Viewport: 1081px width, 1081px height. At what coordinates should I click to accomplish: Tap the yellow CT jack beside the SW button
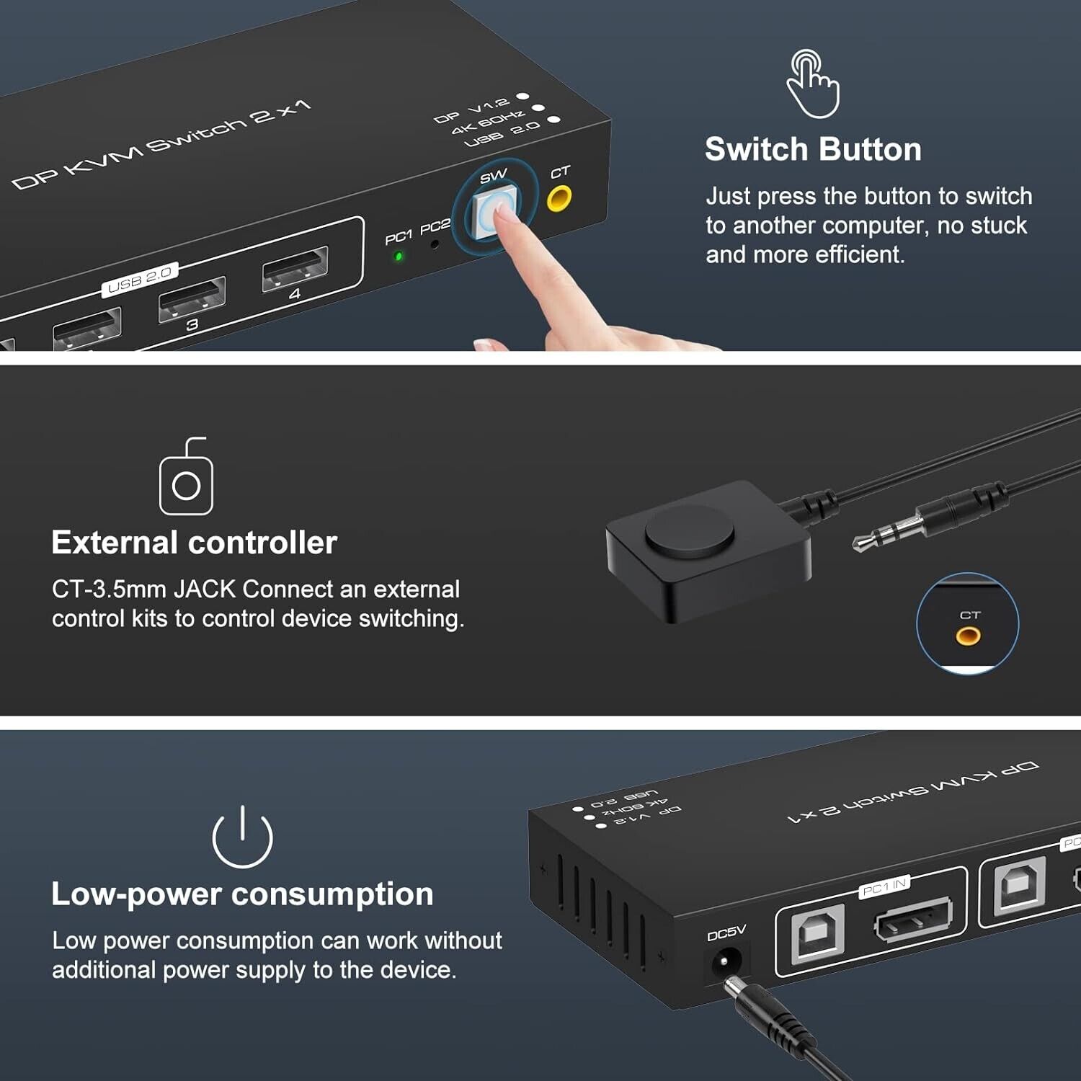click(559, 197)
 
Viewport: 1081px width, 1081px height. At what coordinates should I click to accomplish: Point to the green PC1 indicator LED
click(399, 257)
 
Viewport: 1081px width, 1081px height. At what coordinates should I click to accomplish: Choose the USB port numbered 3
click(192, 298)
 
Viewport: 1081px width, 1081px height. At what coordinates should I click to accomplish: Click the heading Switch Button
click(813, 149)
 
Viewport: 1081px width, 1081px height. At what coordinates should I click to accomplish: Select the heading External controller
click(194, 543)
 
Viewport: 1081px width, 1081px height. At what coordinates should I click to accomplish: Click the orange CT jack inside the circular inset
click(968, 636)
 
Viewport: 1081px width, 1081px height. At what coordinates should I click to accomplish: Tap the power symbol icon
click(243, 837)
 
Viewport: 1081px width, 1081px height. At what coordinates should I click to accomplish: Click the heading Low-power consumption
click(242, 894)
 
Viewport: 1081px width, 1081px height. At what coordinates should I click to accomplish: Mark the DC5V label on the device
click(726, 934)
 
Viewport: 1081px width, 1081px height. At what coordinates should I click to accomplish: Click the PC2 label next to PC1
click(435, 227)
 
